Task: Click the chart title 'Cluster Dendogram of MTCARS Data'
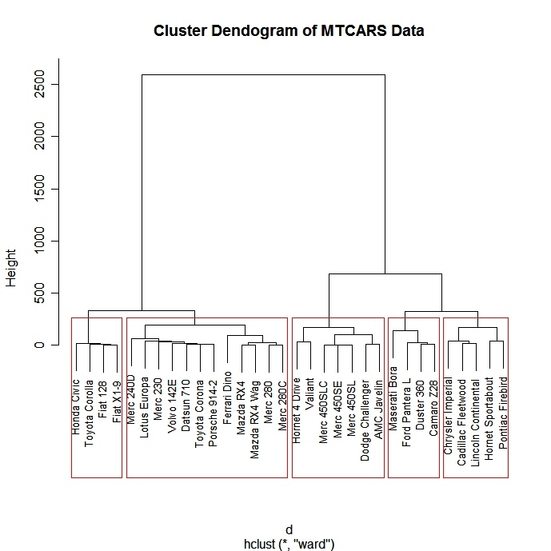point(289,31)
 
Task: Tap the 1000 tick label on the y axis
point(38,241)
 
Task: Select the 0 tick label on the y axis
point(38,345)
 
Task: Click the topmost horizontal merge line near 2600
point(263,74)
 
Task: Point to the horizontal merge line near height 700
point(385,274)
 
